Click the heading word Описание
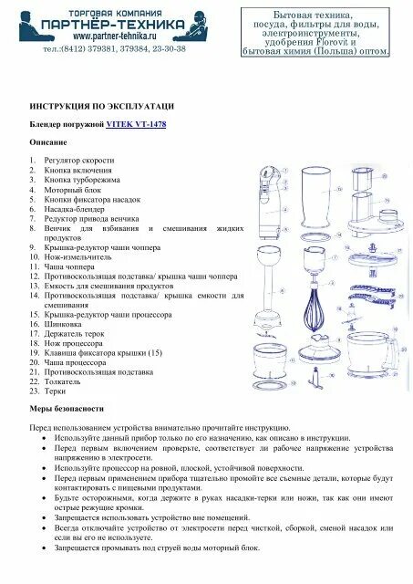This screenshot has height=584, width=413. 47,142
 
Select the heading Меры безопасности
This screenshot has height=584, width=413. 67,408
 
